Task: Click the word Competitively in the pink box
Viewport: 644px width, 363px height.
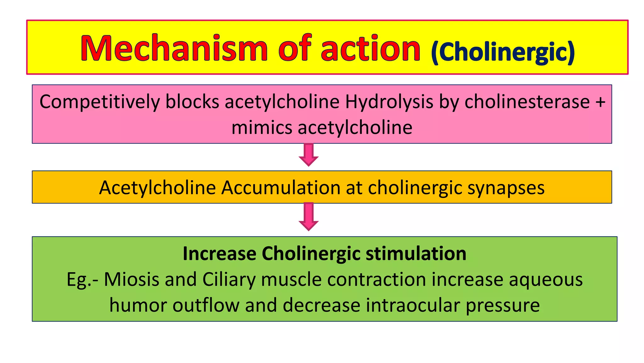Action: [x=100, y=102]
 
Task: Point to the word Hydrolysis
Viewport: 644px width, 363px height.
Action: [x=389, y=102]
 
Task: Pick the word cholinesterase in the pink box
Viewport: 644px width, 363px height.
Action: [x=527, y=102]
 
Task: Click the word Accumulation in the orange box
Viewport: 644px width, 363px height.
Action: [x=280, y=188]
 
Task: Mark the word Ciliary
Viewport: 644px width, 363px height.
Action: [x=229, y=279]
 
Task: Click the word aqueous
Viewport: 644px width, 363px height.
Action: [x=546, y=279]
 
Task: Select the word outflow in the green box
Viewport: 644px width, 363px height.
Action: [x=206, y=305]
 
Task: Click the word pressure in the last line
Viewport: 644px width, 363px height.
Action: [x=502, y=305]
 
